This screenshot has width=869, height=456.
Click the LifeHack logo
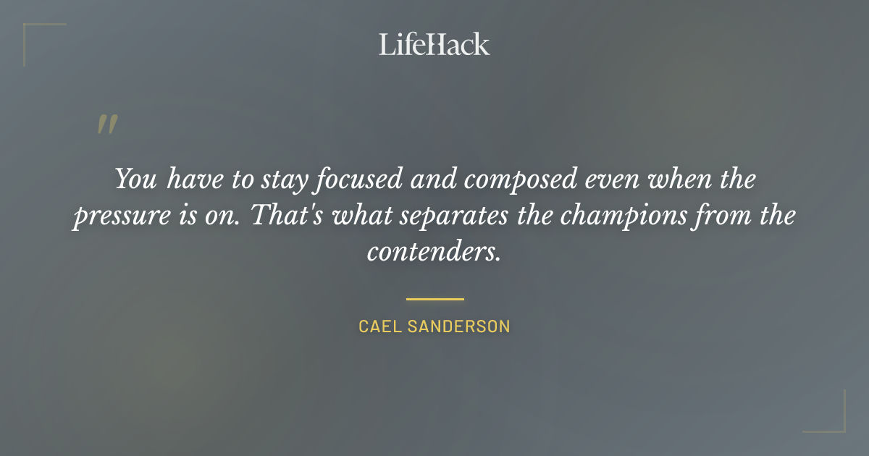pos(434,44)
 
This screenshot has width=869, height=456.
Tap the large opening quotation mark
pos(106,125)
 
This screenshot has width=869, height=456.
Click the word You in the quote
pos(135,180)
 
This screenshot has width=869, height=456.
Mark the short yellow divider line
pos(434,298)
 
